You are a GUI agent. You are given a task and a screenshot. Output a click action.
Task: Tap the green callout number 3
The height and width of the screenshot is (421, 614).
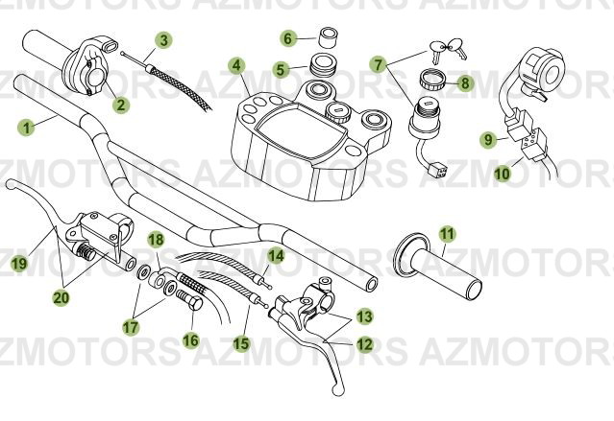click(x=165, y=40)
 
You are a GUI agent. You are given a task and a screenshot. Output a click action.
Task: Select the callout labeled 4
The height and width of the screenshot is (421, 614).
click(x=235, y=66)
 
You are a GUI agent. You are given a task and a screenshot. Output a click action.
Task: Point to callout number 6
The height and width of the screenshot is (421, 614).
click(x=287, y=38)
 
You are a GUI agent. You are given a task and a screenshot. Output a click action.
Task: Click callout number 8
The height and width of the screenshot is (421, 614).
click(x=465, y=82)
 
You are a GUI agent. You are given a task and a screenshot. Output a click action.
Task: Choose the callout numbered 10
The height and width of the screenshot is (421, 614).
click(x=502, y=174)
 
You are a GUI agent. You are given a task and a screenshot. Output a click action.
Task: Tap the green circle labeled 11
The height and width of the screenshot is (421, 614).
click(x=446, y=233)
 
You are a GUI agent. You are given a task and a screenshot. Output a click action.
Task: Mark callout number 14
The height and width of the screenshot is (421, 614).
click(x=276, y=255)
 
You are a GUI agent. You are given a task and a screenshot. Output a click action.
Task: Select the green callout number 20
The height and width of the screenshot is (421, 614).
click(x=61, y=298)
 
